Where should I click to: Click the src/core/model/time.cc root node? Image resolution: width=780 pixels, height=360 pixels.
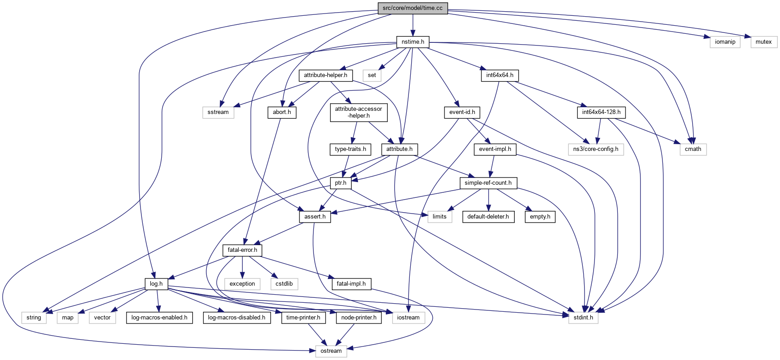pos(413,8)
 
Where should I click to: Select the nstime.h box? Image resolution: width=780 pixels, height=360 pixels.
pos(413,42)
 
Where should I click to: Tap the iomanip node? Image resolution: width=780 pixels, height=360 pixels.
pos(725,42)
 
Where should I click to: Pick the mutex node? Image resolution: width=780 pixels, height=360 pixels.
pos(763,42)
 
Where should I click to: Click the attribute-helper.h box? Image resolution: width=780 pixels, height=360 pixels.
pos(325,75)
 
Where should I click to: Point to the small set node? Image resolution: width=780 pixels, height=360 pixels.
pos(372,75)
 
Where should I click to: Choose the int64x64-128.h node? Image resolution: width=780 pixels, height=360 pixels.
pos(601,112)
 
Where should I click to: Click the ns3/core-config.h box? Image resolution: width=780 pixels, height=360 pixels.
pos(595,149)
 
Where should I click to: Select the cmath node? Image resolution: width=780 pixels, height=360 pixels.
pos(693,149)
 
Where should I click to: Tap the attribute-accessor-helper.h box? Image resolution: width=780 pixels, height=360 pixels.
pos(358,112)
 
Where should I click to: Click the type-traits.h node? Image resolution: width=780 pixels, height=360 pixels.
pos(350,149)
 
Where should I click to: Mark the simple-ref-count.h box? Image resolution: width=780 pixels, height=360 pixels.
pos(488,183)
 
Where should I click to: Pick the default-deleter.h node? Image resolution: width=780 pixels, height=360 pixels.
pos(488,217)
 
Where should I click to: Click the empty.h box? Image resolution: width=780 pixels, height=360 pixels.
pos(540,217)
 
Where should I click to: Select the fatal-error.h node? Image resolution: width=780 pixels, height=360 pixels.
pos(242,250)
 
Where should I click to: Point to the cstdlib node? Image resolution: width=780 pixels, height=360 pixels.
pos(284,284)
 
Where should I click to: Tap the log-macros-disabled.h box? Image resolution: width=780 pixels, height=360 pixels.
pos(236,318)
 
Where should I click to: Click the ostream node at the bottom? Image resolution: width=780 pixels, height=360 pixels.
pos(331,351)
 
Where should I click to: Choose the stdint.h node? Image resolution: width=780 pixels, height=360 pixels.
pos(583,318)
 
